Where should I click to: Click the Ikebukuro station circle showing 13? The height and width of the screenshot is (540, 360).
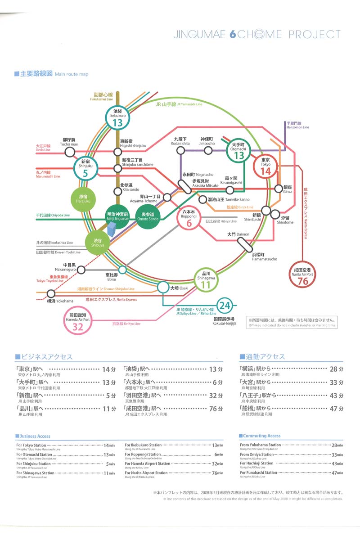point(117,118)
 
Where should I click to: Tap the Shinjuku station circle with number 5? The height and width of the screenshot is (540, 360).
point(85,169)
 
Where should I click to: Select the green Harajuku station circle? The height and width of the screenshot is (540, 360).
point(83,198)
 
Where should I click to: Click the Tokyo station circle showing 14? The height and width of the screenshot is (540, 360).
point(265,167)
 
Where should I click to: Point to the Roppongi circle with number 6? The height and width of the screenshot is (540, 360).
point(189,218)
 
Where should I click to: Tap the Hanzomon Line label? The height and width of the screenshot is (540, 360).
point(297,125)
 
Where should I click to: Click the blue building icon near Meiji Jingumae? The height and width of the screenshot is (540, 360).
point(112,234)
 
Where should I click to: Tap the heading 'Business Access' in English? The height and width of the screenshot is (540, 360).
point(34,436)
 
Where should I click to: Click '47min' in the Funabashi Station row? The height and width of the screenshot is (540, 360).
point(337,473)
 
